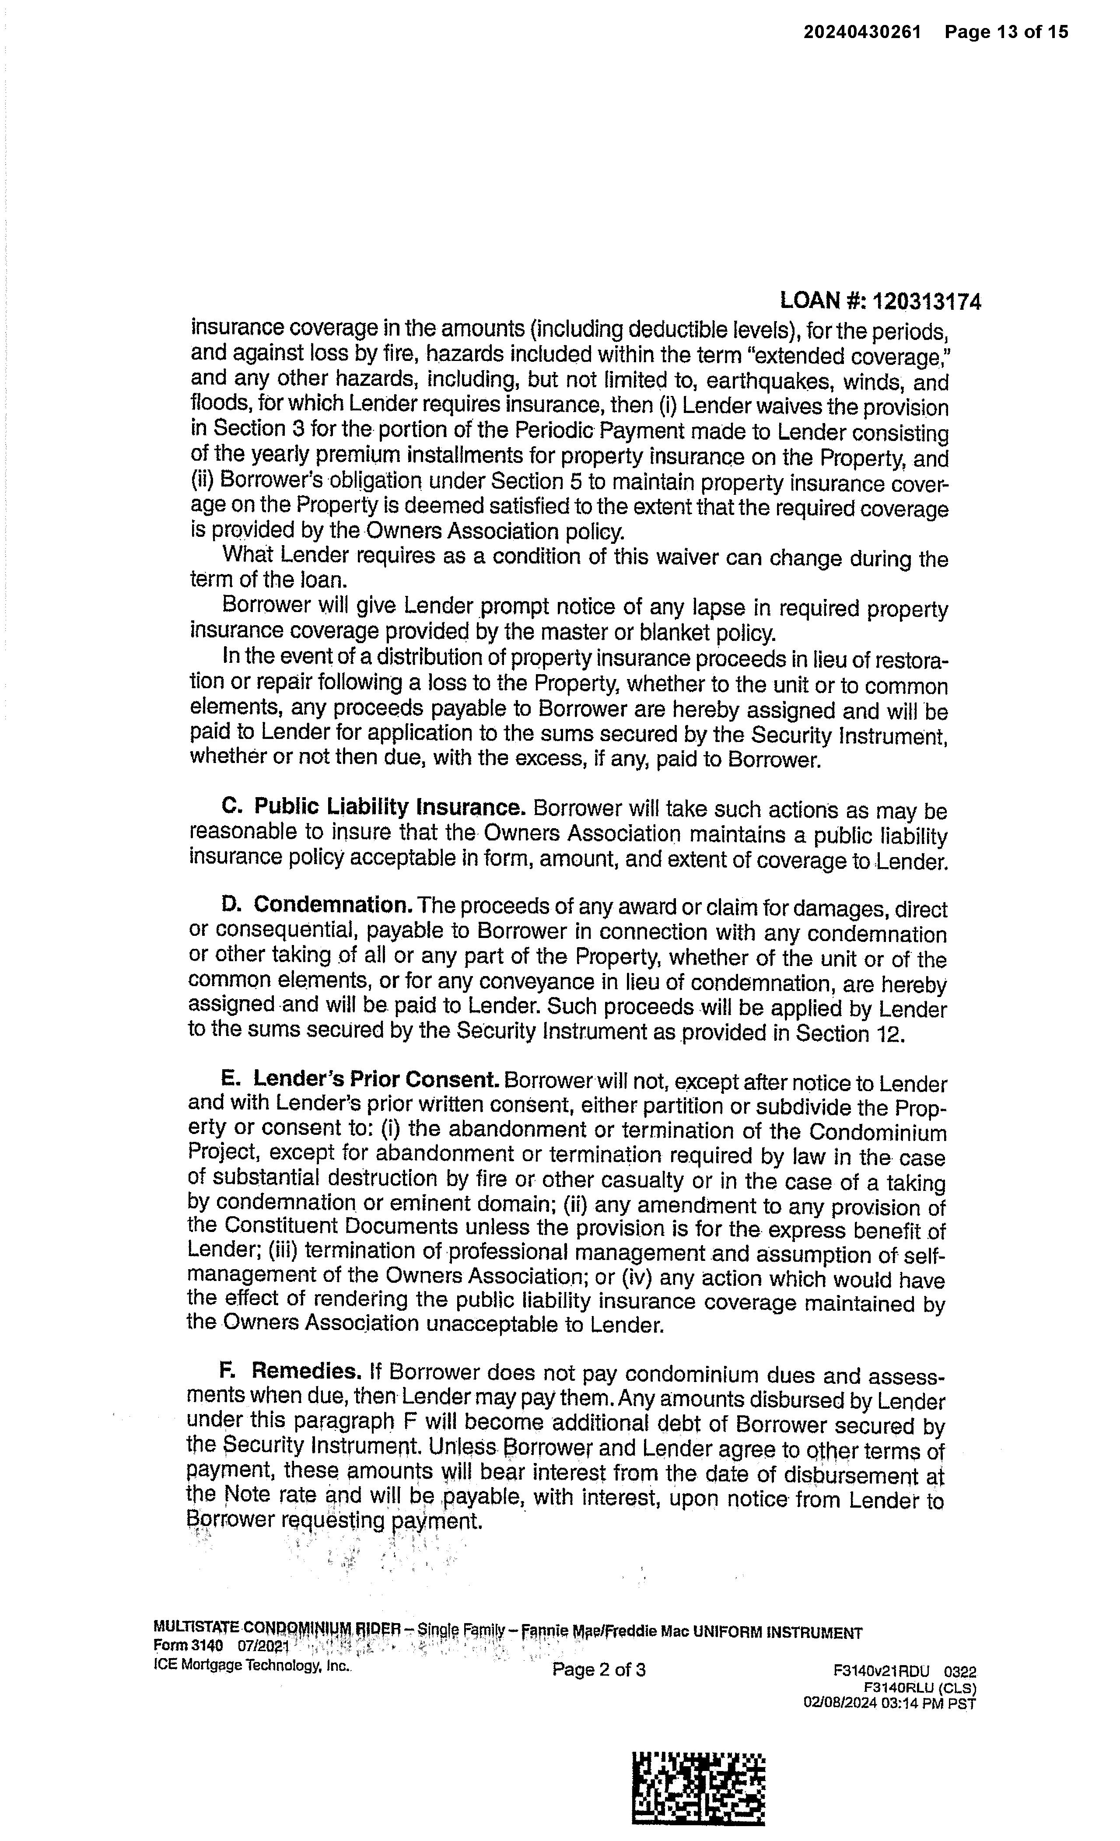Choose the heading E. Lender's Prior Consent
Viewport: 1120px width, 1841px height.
(x=360, y=1080)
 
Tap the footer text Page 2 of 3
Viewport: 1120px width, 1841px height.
(x=598, y=1669)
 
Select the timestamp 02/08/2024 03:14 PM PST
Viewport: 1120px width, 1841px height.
(x=889, y=1697)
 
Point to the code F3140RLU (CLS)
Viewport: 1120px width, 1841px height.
(x=919, y=1685)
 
